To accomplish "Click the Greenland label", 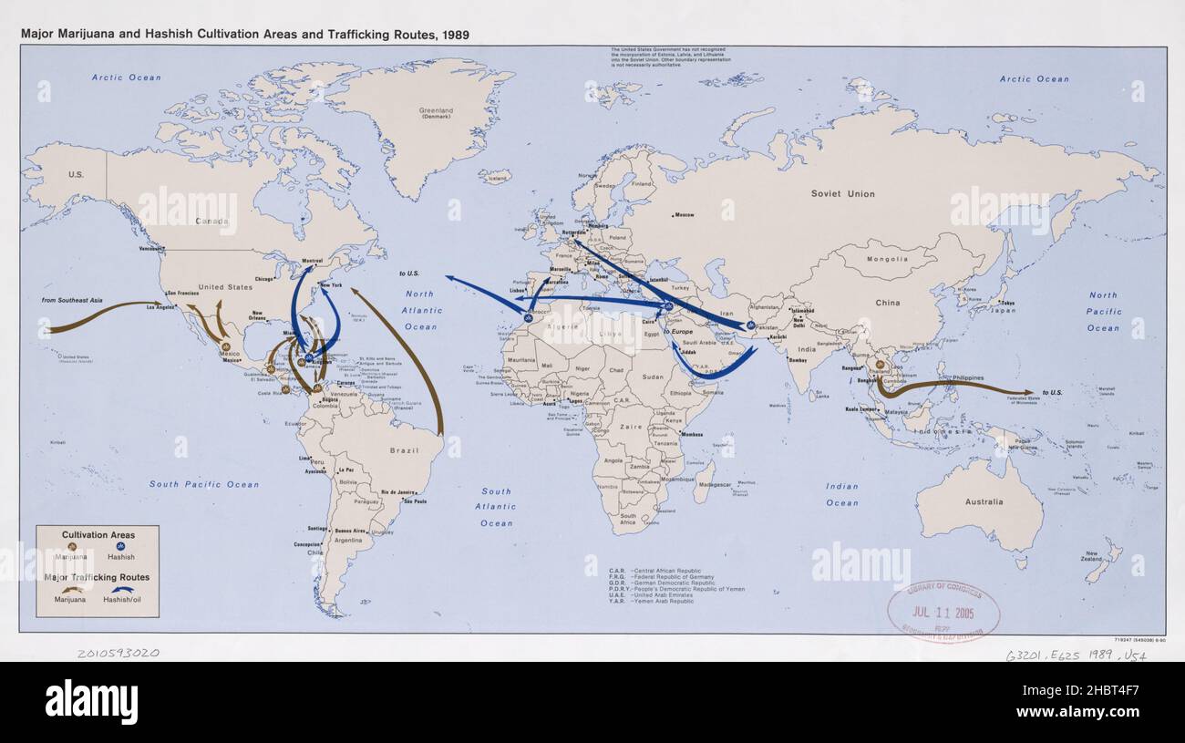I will click(436, 114).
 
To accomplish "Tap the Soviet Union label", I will click(842, 193).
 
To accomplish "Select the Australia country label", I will click(984, 501).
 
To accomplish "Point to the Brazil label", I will click(403, 450).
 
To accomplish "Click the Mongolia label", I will click(887, 259).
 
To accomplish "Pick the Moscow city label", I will click(685, 215).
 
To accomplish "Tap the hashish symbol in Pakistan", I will click(750, 325).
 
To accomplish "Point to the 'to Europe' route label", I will click(678, 331).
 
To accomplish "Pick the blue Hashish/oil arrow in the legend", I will click(120, 589).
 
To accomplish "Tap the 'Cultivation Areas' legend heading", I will click(98, 533).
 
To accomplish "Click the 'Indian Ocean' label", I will click(841, 494).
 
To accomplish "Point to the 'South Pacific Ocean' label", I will click(204, 484).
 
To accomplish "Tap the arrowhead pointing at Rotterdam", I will click(576, 242).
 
